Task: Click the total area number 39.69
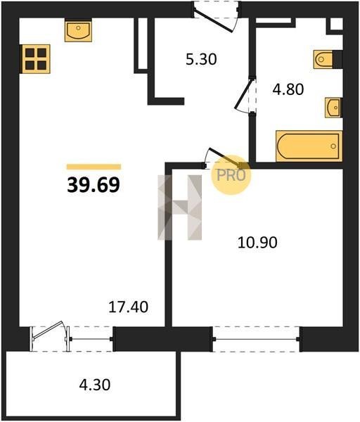[94, 185]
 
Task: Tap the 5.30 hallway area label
[201, 59]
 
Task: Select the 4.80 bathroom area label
[288, 89]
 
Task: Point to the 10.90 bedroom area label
[257, 243]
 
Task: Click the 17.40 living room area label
[129, 307]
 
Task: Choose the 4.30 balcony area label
[95, 385]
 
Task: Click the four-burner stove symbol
[36, 59]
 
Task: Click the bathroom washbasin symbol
[333, 108]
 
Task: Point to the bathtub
[309, 146]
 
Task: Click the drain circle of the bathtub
[333, 146]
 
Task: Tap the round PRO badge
[231, 175]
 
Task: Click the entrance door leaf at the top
[213, 20]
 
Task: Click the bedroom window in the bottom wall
[257, 339]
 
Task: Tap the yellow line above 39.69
[94, 167]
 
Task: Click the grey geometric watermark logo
[180, 207]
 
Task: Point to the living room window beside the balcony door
[91, 339]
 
